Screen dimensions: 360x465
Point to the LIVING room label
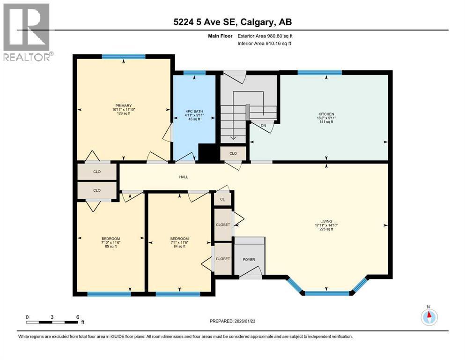[326, 221]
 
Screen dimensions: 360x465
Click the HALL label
[184, 177]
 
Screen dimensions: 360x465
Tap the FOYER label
[249, 259]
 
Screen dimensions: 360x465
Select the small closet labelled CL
[223, 199]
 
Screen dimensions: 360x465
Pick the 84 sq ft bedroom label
[179, 239]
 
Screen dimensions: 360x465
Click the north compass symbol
[428, 317]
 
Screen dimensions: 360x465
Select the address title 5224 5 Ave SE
[232, 22]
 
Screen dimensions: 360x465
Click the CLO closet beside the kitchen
[233, 153]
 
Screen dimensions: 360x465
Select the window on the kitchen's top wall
[319, 72]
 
